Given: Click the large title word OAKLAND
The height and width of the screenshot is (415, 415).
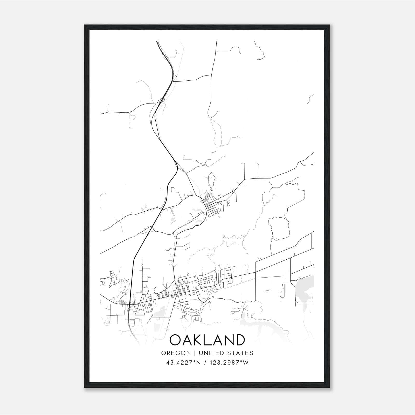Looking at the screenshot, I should (207, 340).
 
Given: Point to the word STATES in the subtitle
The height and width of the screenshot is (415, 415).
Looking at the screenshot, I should (241, 353).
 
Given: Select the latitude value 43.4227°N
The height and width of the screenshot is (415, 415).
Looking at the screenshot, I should (184, 363).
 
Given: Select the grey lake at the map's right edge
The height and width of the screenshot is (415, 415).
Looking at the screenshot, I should (305, 288).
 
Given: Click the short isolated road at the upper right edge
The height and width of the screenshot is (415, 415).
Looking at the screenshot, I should (311, 99).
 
